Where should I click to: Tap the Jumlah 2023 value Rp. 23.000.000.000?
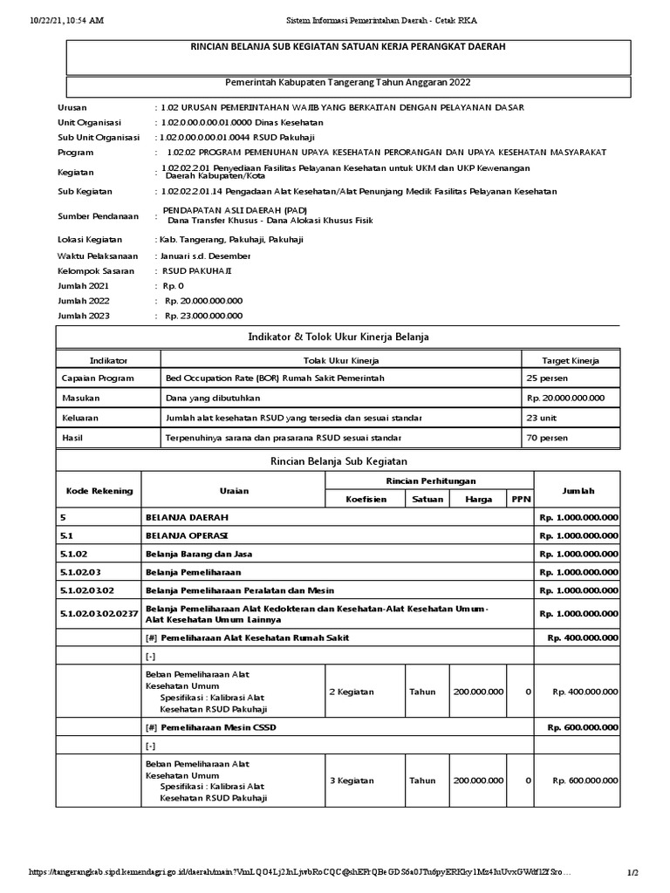tap(203, 316)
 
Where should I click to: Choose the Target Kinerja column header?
tap(570, 360)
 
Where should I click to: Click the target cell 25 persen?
tap(547, 378)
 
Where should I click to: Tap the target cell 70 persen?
tap(547, 436)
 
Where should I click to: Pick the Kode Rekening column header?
tap(100, 490)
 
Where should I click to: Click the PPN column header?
tap(521, 500)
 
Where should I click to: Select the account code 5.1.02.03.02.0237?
tap(100, 613)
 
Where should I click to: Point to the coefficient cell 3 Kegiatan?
tap(352, 781)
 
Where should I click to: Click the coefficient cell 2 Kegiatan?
tap(352, 692)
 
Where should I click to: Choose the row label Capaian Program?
tap(98, 378)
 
